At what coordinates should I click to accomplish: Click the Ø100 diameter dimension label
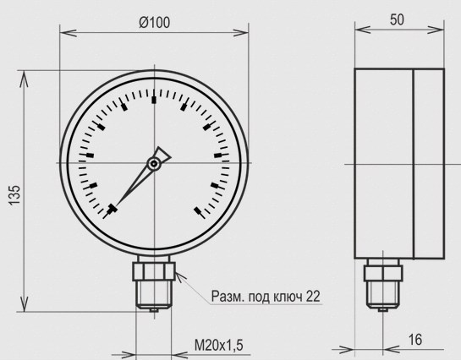click(x=154, y=22)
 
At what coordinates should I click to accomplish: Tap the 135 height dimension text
click(x=14, y=195)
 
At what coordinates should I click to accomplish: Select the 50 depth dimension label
click(x=397, y=19)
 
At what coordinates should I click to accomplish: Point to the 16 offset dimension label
click(x=415, y=340)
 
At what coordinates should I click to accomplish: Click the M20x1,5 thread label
click(x=219, y=345)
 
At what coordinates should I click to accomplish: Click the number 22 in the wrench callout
click(x=312, y=297)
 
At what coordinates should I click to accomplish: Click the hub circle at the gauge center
click(x=154, y=164)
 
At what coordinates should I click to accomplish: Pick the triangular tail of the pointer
click(x=162, y=154)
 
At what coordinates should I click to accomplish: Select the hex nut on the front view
click(x=154, y=271)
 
